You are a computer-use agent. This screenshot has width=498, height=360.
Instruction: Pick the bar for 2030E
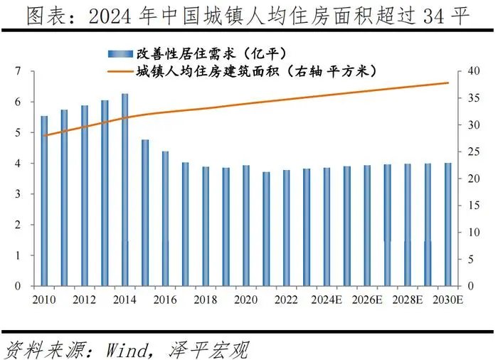pos(448,224)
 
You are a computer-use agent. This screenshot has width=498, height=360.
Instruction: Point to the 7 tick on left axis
pos(18,71)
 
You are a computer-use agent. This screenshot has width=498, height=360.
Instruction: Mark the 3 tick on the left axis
pos(18,194)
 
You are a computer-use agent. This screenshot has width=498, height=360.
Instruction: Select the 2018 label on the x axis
pos(206,300)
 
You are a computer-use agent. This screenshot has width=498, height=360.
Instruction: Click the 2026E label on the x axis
pos(367,300)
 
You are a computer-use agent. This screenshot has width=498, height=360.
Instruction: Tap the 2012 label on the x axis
pos(85,300)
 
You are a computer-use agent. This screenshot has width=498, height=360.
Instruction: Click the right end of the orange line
pos(449,83)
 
